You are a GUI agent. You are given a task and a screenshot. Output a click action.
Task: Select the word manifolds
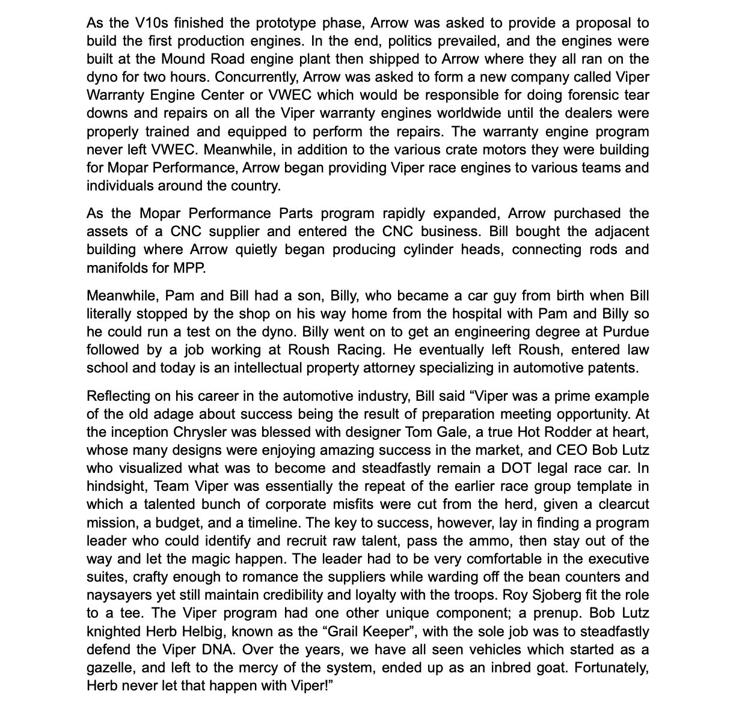pos(113,268)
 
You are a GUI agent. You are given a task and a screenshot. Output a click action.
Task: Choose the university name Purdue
pos(625,332)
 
